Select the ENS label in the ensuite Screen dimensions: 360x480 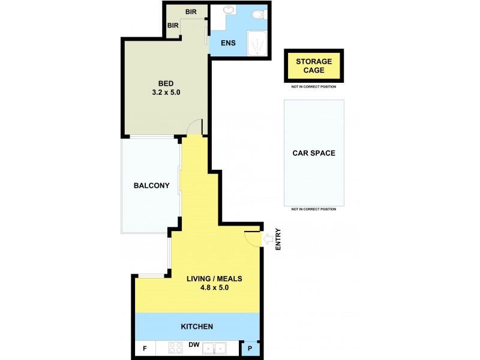coord(229,43)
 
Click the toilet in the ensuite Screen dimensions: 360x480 coord(257,14)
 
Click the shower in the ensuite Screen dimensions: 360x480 coord(256,44)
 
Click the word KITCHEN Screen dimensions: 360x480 coord(197,326)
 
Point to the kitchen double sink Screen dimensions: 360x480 coord(215,348)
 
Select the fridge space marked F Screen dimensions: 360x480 coord(145,348)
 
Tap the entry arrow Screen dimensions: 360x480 coord(267,239)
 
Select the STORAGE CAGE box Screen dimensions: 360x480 coord(314,66)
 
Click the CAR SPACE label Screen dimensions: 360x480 coord(314,153)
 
